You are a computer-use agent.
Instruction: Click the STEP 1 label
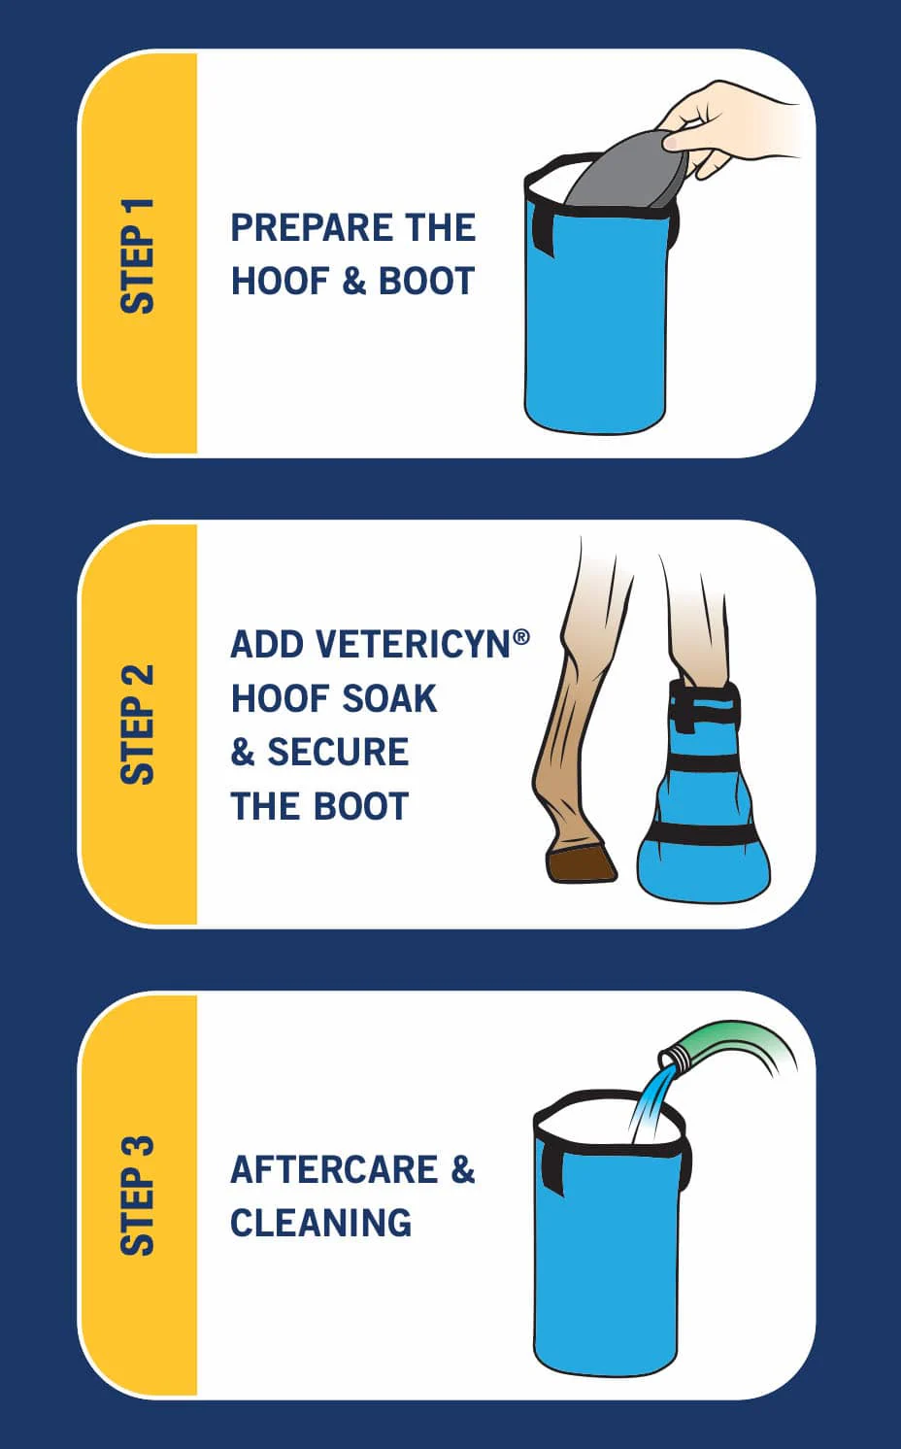click(137, 255)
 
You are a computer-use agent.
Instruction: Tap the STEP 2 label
click(137, 724)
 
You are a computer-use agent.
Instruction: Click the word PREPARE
click(311, 227)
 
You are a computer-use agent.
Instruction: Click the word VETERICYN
click(414, 644)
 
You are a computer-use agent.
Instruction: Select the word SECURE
click(338, 752)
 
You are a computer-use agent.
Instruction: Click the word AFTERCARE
click(334, 1169)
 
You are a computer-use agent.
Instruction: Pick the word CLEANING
click(320, 1223)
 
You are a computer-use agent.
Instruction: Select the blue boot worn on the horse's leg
click(705, 791)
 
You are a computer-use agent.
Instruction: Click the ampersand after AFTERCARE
click(463, 1169)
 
